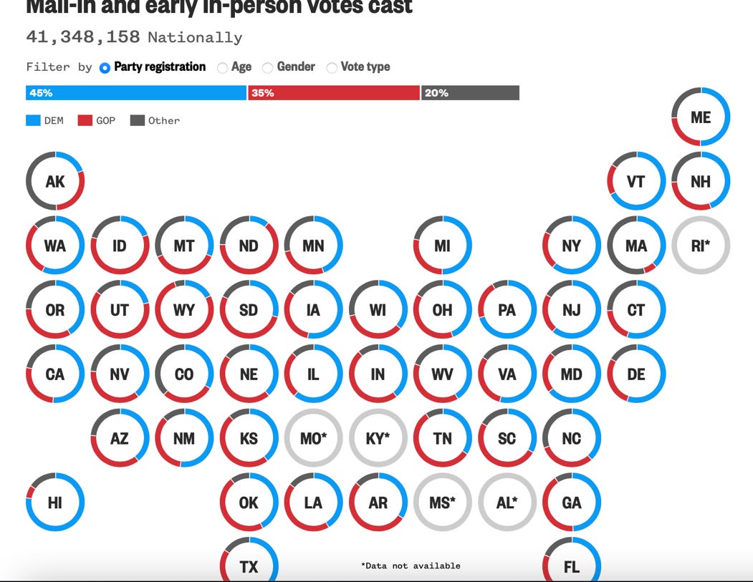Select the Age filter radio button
tap(223, 67)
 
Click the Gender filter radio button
tap(267, 67)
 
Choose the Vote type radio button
tap(332, 67)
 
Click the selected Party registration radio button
tap(105, 67)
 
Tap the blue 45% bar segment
tap(136, 93)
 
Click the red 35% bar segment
tap(334, 93)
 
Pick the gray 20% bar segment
tap(470, 93)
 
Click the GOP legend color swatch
tap(85, 120)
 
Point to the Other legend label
tap(164, 120)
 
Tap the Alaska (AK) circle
tap(55, 181)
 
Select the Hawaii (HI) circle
tap(55, 503)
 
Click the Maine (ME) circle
tap(701, 117)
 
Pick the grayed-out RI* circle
tap(701, 246)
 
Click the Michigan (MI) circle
tap(443, 246)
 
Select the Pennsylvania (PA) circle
tap(507, 310)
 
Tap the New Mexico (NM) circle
tap(184, 438)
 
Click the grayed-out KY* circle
tap(378, 438)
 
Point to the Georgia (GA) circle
tap(572, 503)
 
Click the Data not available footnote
tap(411, 566)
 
